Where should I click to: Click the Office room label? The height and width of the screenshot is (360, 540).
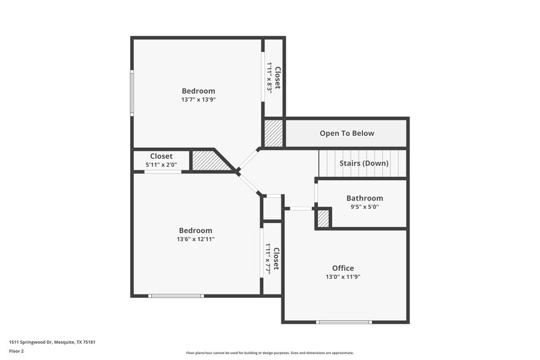[342, 268]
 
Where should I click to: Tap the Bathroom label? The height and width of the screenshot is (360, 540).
[364, 198]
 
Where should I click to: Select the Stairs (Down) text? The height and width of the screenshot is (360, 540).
[363, 163]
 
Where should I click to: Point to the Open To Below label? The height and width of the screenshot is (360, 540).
[346, 133]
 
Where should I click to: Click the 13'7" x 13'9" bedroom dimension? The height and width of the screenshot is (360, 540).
[198, 99]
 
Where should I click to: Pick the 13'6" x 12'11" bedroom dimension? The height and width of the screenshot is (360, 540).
[194, 239]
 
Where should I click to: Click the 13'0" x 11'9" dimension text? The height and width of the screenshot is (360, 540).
[342, 277]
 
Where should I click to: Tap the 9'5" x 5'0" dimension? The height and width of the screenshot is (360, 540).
[364, 207]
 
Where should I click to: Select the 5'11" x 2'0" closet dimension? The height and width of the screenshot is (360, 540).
[161, 165]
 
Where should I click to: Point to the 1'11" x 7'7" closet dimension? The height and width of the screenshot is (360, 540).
[269, 258]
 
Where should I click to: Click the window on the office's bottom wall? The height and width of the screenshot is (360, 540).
[344, 322]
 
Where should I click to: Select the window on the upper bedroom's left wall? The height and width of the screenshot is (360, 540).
[132, 91]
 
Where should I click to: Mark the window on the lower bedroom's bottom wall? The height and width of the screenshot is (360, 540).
[176, 295]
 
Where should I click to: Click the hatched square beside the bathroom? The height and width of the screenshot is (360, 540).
[323, 219]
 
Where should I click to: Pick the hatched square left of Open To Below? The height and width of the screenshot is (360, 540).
[273, 133]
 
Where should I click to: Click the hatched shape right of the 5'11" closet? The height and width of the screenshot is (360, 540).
[209, 160]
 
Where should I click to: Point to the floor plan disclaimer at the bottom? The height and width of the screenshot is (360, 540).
[270, 353]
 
